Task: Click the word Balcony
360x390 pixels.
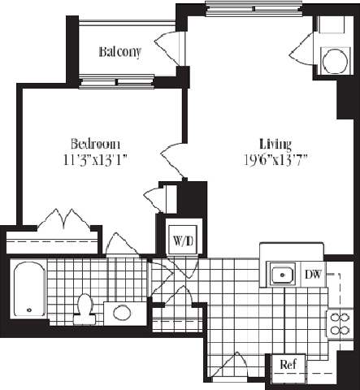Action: (120, 53)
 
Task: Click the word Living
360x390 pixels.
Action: (275, 141)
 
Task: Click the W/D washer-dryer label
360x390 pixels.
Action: (180, 240)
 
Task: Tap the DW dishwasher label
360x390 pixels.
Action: (313, 275)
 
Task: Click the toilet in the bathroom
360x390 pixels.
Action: (85, 307)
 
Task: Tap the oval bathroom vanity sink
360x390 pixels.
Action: (123, 312)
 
